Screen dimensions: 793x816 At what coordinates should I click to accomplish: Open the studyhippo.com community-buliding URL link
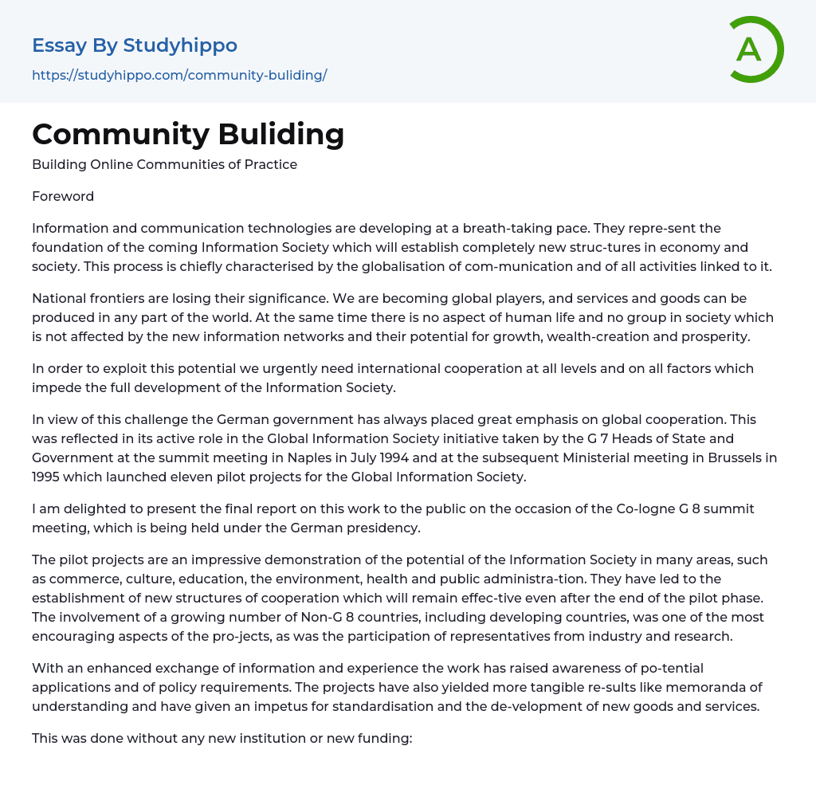(179, 75)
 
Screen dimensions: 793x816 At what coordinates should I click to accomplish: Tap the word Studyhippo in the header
(180, 45)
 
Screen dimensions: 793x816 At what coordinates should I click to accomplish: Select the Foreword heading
(63, 196)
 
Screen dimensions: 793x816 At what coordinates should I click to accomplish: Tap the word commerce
(67, 579)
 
